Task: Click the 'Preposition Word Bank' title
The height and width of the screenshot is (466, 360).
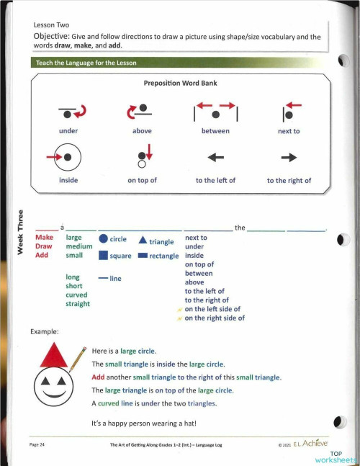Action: coord(180,83)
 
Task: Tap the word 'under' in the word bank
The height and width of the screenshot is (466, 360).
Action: coord(68,131)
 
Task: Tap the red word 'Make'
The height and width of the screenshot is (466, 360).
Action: coord(45,237)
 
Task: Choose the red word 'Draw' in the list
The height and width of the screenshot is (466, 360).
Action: coord(44,246)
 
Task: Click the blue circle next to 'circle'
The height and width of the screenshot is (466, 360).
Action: coord(103,239)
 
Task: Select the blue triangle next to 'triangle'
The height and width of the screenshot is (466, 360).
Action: coord(143,240)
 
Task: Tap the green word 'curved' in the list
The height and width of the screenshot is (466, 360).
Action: coord(76,295)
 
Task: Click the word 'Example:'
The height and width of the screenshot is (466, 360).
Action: coord(45,332)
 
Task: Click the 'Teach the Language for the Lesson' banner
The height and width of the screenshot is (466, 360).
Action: coord(91,63)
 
